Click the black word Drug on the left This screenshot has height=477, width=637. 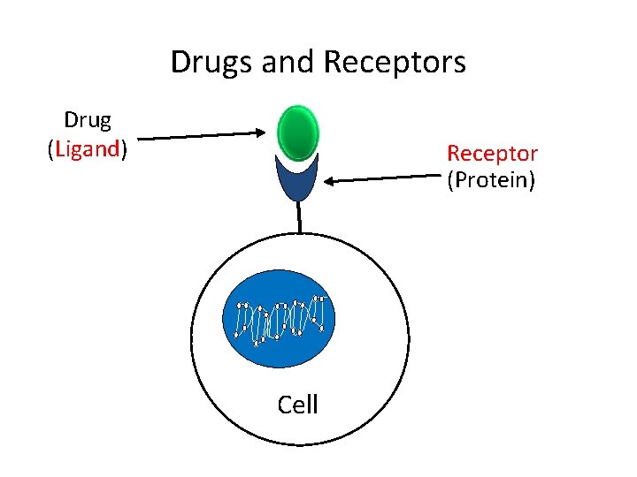(x=88, y=120)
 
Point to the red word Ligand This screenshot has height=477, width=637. (x=87, y=149)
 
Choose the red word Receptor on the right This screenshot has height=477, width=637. (x=492, y=154)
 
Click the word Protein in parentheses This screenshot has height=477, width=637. (x=491, y=182)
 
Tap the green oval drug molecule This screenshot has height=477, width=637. (x=297, y=132)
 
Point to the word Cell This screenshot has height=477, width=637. (x=297, y=405)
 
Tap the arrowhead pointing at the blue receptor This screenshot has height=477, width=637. (x=328, y=182)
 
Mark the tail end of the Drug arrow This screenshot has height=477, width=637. (x=141, y=139)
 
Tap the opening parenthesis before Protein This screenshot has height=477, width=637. (x=451, y=182)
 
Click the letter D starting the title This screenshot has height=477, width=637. (x=178, y=63)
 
